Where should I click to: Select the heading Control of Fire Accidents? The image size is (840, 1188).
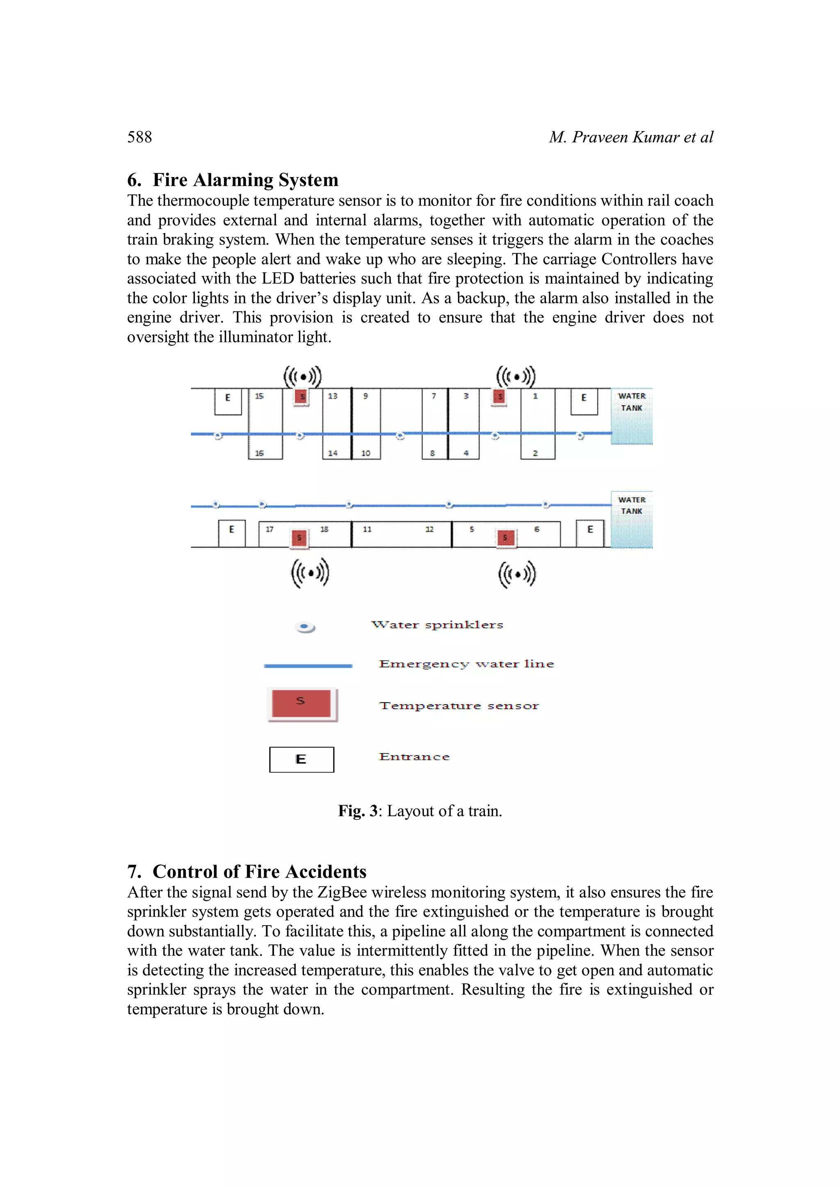coord(247,872)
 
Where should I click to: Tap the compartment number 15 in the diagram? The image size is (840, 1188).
coord(259,396)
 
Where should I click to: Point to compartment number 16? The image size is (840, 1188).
coord(259,453)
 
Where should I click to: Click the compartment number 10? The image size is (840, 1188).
coord(365,453)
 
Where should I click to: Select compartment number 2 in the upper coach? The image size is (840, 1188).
coord(535,453)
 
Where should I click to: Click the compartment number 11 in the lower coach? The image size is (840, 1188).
coord(367,529)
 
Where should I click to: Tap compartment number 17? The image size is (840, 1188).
coord(269,529)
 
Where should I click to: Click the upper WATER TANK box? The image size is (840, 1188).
coord(631,416)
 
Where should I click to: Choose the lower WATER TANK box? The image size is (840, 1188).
coord(631,519)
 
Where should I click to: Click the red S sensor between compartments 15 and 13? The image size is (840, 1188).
coord(302,397)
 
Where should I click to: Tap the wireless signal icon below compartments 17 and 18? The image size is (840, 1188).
coord(310,573)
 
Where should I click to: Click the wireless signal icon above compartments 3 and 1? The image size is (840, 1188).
coord(516,377)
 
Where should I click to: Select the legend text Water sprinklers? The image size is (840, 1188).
coord(437,625)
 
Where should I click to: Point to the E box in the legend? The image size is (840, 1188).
coord(301,760)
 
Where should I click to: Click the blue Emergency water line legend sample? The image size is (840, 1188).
coord(308,666)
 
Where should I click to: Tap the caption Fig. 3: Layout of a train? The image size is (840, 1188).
coord(420,811)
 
